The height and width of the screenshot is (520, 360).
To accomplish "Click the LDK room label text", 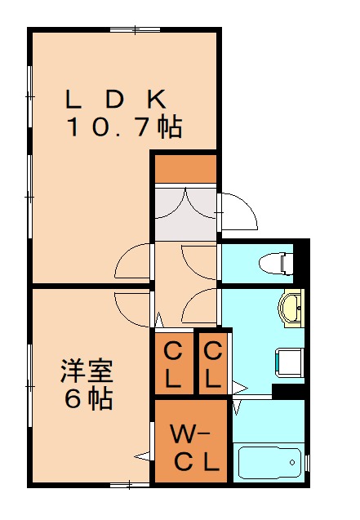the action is click(x=116, y=99).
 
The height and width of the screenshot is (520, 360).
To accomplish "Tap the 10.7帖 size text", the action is click(x=125, y=127).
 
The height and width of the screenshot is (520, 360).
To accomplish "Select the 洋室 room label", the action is click(x=87, y=371).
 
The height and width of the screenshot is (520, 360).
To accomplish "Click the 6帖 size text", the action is click(x=88, y=398).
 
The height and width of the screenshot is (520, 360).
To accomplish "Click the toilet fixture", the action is click(x=276, y=264).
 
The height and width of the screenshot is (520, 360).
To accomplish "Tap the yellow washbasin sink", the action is click(x=291, y=308).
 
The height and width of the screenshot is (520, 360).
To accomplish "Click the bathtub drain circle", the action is click(x=292, y=462).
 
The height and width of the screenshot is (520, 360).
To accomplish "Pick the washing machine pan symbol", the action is click(x=290, y=362).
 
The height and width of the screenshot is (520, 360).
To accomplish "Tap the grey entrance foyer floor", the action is click(x=185, y=214).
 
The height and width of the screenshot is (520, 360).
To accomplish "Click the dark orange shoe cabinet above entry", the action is click(x=185, y=169).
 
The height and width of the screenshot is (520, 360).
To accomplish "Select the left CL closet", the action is click(x=174, y=363).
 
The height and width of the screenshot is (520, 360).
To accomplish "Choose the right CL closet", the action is click(x=213, y=363).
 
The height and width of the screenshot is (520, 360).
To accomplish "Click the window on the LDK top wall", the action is click(x=135, y=30).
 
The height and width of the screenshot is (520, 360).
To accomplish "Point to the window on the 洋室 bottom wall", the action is click(x=130, y=485).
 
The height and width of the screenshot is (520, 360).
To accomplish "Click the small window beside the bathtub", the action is click(x=307, y=463).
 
